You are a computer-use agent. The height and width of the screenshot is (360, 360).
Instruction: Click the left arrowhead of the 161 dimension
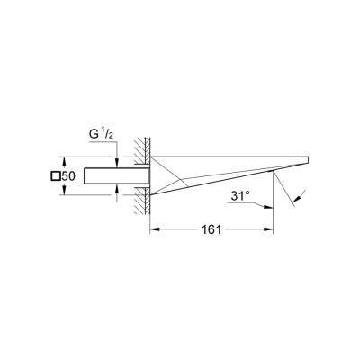click(x=152, y=230)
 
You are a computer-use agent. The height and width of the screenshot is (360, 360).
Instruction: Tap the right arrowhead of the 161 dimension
click(x=272, y=230)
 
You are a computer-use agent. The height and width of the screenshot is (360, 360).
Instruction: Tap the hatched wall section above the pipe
click(x=140, y=151)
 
